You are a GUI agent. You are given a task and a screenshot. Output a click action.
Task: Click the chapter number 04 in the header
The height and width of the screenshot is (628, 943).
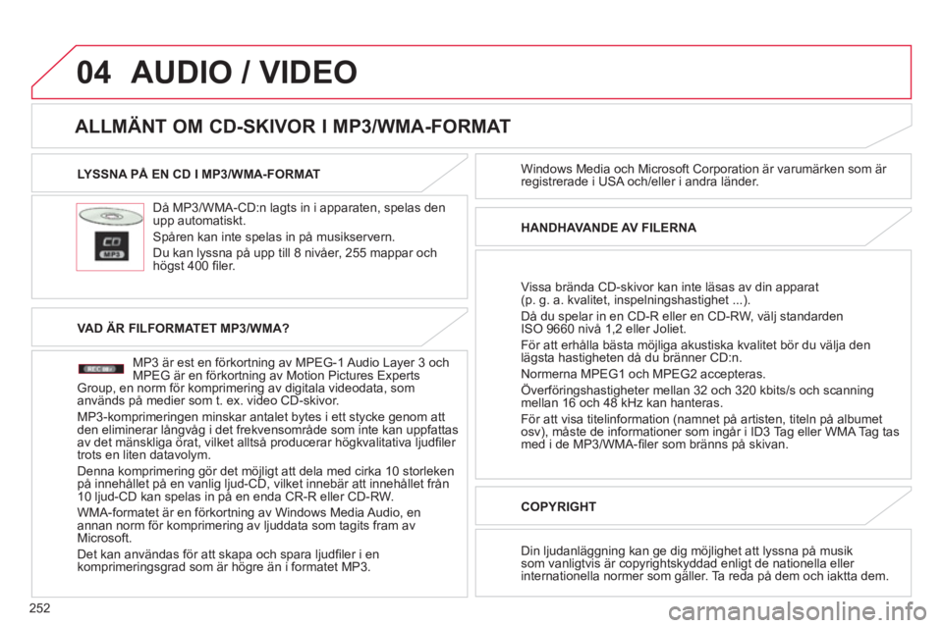tap(94, 72)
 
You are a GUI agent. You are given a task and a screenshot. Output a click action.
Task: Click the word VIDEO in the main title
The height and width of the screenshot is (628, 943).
tap(308, 72)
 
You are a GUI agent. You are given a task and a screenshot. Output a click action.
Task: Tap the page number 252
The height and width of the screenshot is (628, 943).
tap(39, 608)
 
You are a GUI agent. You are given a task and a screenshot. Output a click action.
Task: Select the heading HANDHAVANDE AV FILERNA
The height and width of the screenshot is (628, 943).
tap(608, 228)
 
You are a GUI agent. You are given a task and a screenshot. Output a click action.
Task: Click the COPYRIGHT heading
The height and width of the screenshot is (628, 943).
tap(558, 506)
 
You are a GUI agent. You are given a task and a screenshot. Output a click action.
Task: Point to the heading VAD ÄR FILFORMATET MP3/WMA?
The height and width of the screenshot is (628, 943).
tap(184, 328)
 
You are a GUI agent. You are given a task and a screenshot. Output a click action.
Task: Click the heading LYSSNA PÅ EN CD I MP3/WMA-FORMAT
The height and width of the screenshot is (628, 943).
tap(198, 175)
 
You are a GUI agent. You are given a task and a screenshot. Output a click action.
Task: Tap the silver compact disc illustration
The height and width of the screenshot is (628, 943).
tap(111, 216)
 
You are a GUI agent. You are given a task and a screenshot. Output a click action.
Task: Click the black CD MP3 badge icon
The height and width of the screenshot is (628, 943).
tap(112, 246)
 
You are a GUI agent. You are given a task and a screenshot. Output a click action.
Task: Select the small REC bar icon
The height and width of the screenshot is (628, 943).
tap(100, 368)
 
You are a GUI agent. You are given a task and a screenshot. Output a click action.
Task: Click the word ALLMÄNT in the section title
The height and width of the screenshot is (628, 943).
tap(120, 127)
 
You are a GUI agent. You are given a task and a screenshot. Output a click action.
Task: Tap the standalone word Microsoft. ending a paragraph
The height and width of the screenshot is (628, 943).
tap(104, 538)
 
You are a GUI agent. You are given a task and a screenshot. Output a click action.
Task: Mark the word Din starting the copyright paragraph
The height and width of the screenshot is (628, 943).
tap(529, 551)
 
